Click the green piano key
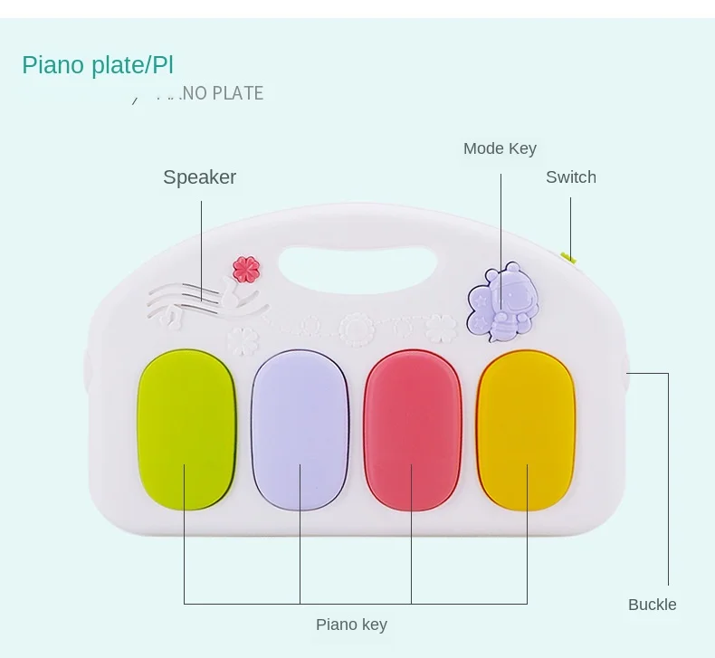[x=186, y=428]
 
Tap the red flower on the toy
[x=246, y=269]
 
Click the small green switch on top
[x=568, y=258]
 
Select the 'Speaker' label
[x=199, y=177]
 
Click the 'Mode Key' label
[x=500, y=148]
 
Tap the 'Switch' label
[x=570, y=177]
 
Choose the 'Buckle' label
[x=652, y=605]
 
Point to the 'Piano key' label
[x=351, y=625]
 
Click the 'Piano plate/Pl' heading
[x=98, y=65]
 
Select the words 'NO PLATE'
[x=223, y=93]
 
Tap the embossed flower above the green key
[x=242, y=340]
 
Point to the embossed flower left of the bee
[x=441, y=326]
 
